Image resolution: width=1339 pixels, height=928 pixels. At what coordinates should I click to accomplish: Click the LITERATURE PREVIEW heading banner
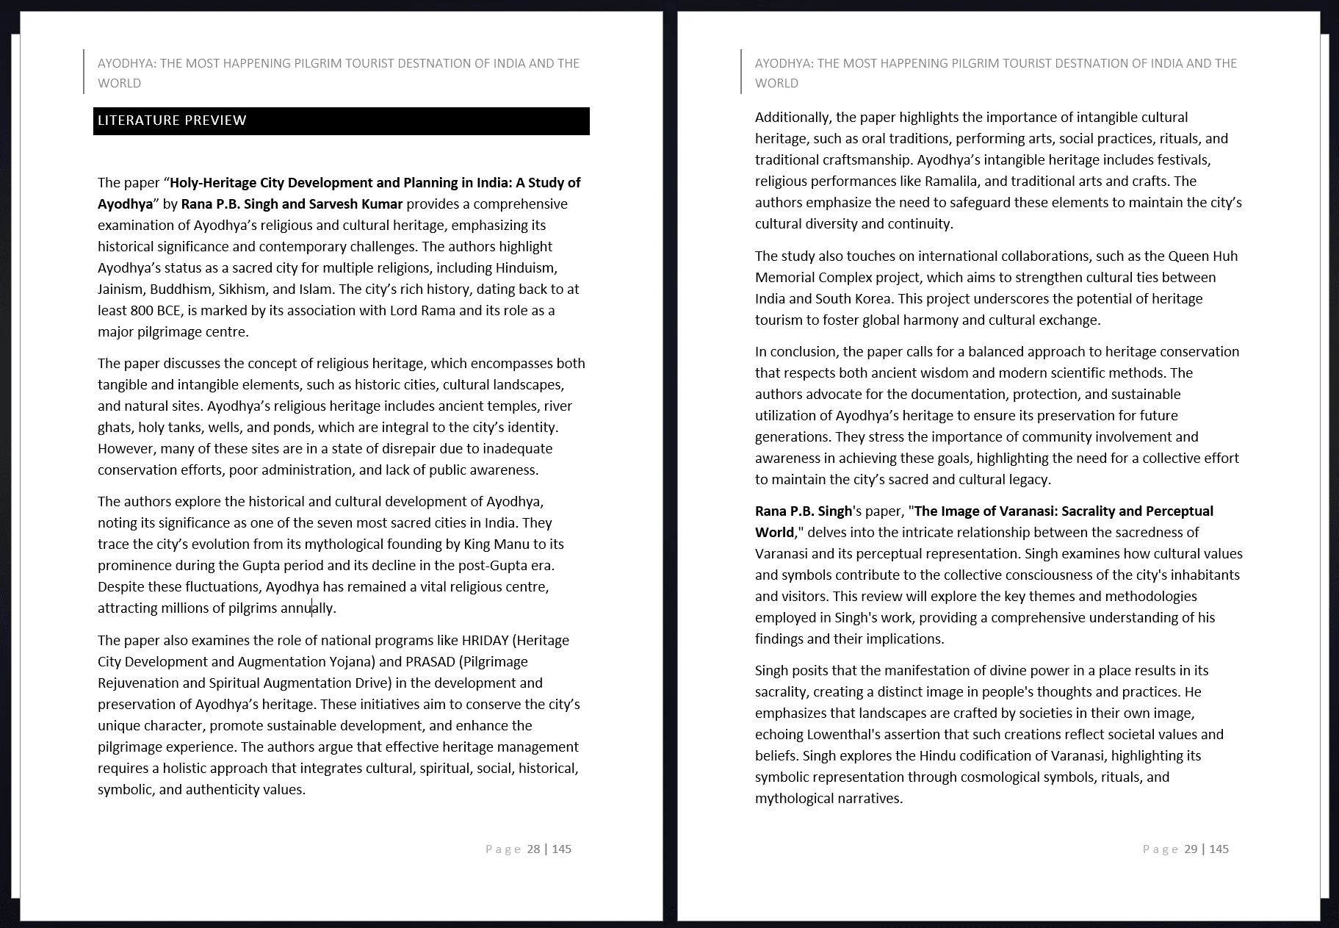coord(341,121)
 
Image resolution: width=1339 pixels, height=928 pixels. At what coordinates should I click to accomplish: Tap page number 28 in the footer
coord(533,849)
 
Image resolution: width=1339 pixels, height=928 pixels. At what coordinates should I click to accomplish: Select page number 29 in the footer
coord(1191,849)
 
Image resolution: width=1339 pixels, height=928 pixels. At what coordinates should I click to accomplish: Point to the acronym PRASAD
coord(430,662)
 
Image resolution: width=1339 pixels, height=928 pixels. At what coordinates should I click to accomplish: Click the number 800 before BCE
coord(142,311)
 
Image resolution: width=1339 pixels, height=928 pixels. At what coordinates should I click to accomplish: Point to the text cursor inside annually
coord(312,608)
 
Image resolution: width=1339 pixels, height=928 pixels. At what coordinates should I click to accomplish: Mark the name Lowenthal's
coord(848,735)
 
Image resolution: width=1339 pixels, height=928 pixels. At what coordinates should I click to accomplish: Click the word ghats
coord(115,428)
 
